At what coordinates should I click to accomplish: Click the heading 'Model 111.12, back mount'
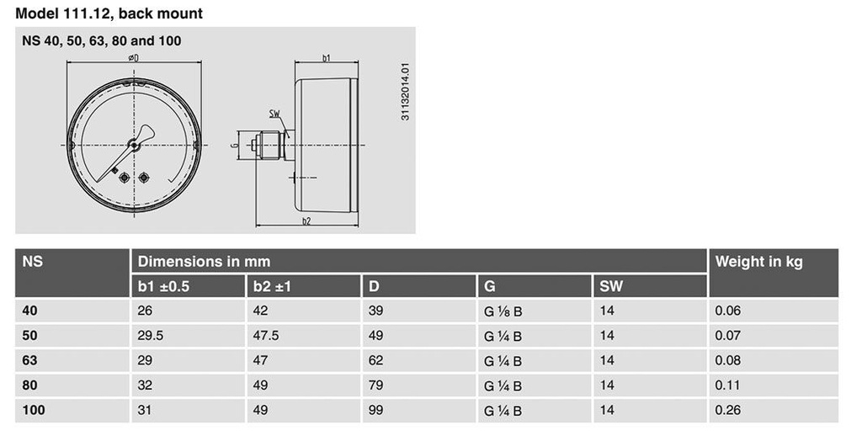tap(109, 13)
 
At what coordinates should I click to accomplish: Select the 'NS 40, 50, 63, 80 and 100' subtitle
tap(102, 40)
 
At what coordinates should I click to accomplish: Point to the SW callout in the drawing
tap(274, 114)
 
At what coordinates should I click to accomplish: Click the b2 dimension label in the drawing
tap(306, 221)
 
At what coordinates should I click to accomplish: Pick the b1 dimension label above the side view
tap(327, 58)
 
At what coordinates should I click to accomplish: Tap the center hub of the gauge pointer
tap(134, 145)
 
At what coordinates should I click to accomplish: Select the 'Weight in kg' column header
tap(758, 261)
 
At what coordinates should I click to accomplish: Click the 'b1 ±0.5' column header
tap(164, 286)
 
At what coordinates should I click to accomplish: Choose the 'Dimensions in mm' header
tap(204, 261)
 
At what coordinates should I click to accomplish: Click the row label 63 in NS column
tap(29, 360)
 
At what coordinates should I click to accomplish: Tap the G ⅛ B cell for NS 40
tap(503, 311)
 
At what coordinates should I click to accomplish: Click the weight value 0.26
tap(728, 411)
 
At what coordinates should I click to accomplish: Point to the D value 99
tap(376, 411)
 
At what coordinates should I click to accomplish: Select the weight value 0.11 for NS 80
tap(727, 386)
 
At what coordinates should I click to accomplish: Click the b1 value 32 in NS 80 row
tap(145, 386)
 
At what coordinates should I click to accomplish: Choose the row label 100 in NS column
tap(33, 411)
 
